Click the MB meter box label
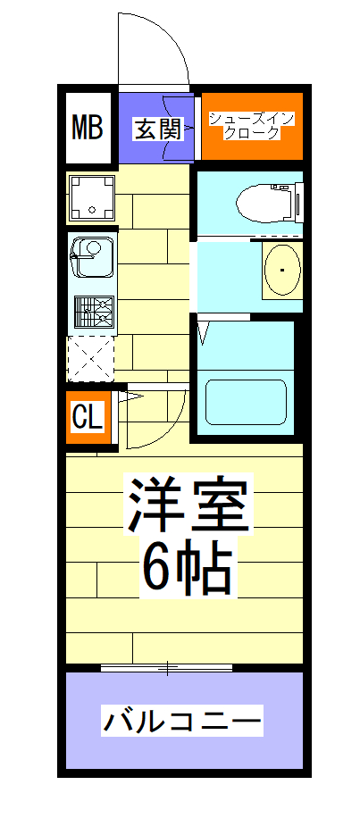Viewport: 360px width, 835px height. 88,128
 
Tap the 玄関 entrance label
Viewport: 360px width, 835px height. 158,129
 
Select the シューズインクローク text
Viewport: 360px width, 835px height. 251,126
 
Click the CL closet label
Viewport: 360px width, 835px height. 88,417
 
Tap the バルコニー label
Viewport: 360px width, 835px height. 182,719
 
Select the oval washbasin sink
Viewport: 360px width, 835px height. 282,269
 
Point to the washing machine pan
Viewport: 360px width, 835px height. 92,198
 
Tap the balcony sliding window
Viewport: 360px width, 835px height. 167,666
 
